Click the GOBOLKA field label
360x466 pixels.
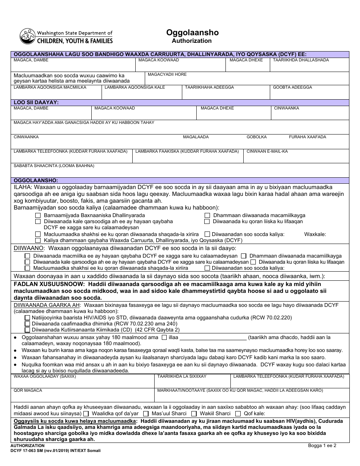pyautogui.click(x=257, y=137)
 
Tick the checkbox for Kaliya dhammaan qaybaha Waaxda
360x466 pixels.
pyautogui.click(x=38, y=240)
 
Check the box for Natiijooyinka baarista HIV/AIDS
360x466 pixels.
pyautogui.click(x=27, y=318)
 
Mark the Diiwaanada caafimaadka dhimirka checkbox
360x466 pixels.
pyautogui.click(x=27, y=324)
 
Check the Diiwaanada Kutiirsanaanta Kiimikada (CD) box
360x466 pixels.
pyautogui.click(x=27, y=330)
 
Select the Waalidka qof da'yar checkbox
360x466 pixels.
pyautogui.click(x=86, y=413)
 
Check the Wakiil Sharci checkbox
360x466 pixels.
pyautogui.click(x=194, y=413)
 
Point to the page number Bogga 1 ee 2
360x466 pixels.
pyautogui.click(x=322, y=446)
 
